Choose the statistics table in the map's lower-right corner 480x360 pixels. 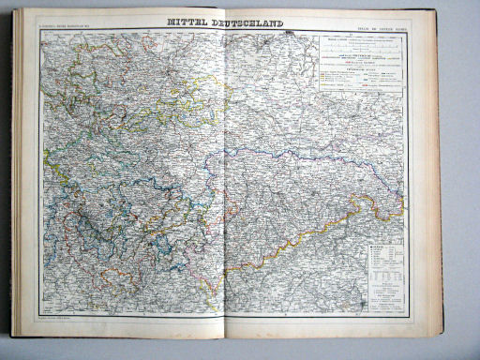pos(382,272)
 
